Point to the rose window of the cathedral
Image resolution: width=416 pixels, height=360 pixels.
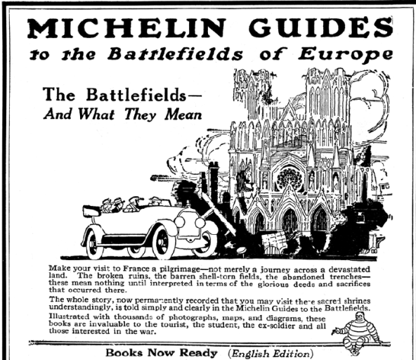(x=289, y=178)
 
